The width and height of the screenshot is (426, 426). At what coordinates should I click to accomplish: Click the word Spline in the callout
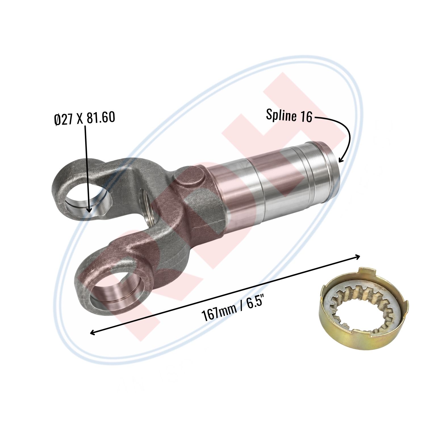(281, 115)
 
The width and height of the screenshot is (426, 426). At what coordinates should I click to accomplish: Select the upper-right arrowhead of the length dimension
(357, 256)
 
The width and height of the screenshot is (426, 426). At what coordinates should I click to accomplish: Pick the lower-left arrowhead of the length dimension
(93, 332)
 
